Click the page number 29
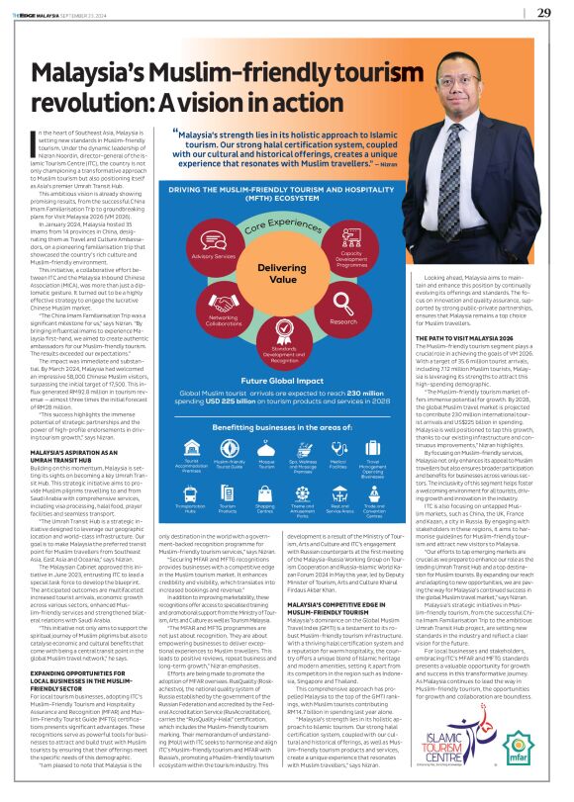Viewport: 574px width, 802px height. click(543, 12)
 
